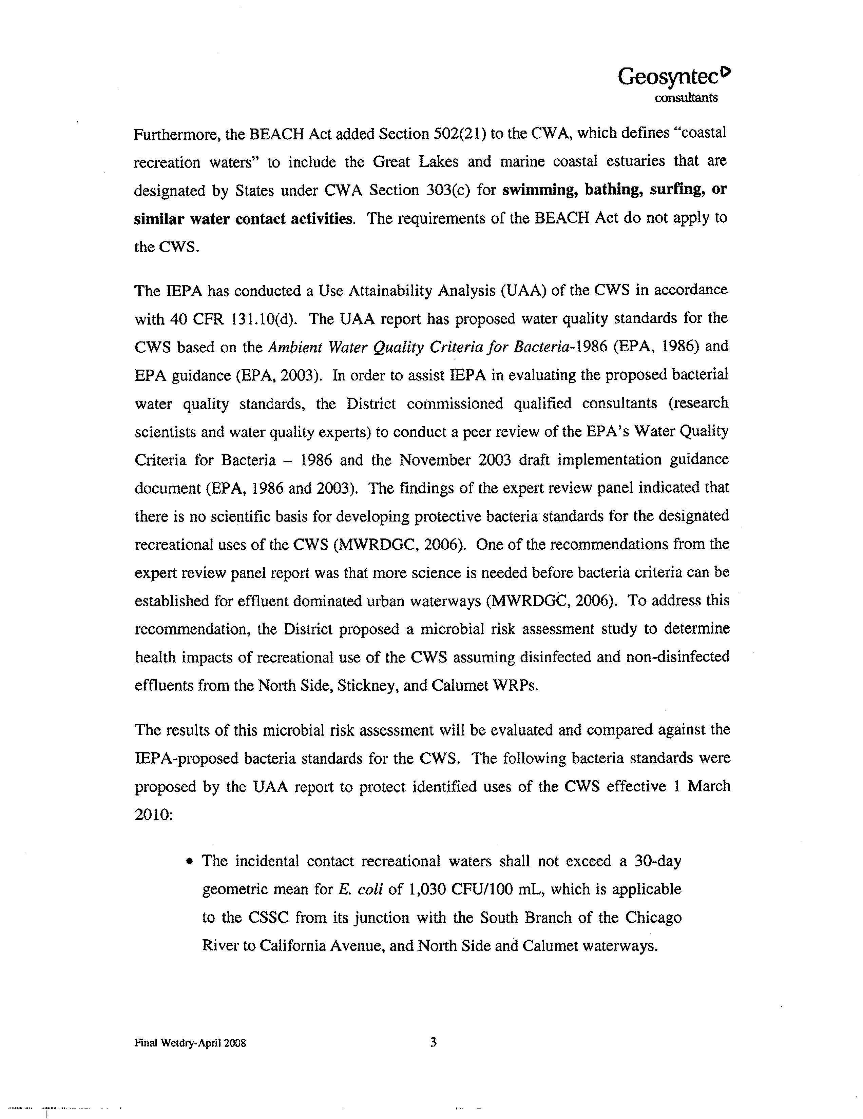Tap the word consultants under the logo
click(x=686, y=98)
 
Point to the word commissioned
click(x=455, y=404)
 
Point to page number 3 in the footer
click(x=433, y=1042)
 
